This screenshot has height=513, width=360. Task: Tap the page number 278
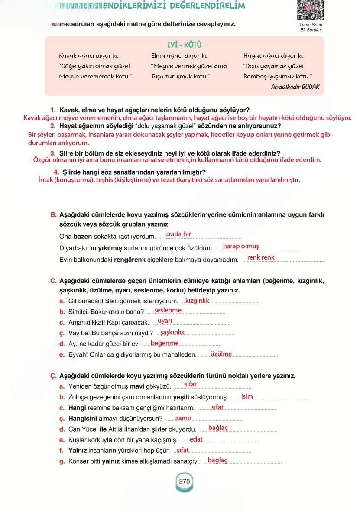(x=184, y=481)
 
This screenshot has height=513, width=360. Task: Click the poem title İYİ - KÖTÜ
(x=184, y=45)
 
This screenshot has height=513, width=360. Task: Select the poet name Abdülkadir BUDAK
(x=295, y=87)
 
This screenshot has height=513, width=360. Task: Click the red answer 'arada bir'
(x=178, y=234)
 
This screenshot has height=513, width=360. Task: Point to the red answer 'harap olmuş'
(x=241, y=246)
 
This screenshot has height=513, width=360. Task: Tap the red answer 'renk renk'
(x=261, y=257)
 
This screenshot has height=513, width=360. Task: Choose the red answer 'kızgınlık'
(x=197, y=300)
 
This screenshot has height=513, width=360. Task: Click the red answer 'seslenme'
(x=168, y=310)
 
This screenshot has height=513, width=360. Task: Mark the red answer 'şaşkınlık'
(x=172, y=332)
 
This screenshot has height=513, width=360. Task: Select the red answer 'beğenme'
(x=165, y=343)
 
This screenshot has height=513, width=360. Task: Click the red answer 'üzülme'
(x=221, y=354)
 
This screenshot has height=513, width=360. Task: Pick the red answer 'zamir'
(x=183, y=418)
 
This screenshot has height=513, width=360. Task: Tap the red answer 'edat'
(x=196, y=439)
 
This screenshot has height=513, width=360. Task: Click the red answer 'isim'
(x=247, y=396)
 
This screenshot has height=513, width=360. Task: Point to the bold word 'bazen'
(x=83, y=237)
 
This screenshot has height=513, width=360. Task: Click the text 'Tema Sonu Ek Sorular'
(x=311, y=27)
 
